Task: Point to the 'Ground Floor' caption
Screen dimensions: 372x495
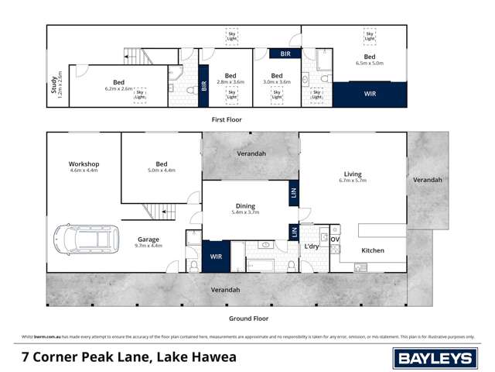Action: click(248, 319)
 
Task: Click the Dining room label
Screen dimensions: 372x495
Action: click(245, 205)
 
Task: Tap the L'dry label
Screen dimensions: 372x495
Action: click(311, 246)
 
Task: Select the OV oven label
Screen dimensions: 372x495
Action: click(335, 239)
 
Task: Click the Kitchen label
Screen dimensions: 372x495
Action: click(373, 250)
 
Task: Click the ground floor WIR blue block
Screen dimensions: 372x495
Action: click(216, 256)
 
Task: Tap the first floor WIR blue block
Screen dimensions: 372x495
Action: click(370, 94)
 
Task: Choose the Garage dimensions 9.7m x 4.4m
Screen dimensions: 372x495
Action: click(148, 246)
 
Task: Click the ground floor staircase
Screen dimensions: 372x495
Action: click(155, 212)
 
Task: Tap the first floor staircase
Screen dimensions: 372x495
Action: click(134, 56)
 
